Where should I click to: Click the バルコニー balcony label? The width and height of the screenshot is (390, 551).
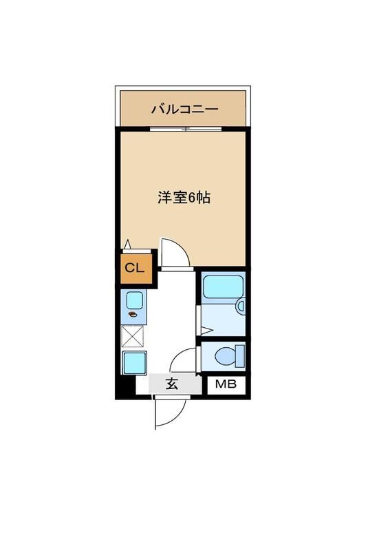coord(184,109)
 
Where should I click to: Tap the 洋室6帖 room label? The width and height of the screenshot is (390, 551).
coord(184,198)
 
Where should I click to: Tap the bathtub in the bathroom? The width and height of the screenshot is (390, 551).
coord(223,287)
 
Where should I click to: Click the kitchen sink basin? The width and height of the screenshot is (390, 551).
coord(134,300)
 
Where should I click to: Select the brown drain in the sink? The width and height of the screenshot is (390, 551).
coord(133,315)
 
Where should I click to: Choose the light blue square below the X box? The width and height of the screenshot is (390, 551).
coord(133,362)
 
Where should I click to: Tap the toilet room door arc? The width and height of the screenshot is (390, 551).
coord(184,360)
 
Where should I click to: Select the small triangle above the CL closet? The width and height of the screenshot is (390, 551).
coord(128,243)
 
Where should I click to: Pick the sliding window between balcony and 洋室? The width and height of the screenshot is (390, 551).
coord(184,129)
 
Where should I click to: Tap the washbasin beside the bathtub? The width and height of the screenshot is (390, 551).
coord(240,305)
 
